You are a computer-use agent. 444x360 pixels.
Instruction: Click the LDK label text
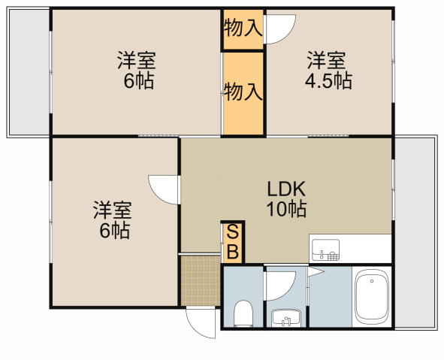286,189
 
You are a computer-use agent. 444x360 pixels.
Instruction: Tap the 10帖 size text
286,209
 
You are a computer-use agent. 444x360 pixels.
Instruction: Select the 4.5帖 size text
328,81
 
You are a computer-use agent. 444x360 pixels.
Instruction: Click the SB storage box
233,243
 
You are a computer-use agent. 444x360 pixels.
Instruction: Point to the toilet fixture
243,313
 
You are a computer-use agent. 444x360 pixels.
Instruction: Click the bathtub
372,297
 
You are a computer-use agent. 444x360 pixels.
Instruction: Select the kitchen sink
325,250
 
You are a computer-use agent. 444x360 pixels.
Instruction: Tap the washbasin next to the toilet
286,318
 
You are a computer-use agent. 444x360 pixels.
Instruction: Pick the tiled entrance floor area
201,280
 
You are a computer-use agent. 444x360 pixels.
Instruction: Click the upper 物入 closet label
243,29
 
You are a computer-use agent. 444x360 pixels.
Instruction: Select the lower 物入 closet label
243,92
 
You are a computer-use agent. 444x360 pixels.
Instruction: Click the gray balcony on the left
29,72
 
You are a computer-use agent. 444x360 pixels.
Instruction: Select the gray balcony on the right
414,232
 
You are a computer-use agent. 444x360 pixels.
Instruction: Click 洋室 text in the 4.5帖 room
326,60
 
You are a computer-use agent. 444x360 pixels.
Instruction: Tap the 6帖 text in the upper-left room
139,81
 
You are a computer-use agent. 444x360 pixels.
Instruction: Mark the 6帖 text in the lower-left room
115,231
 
